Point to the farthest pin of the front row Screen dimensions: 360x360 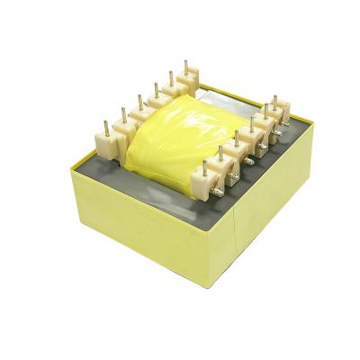pyautogui.click(x=275, y=101)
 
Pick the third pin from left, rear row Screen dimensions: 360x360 pyautogui.click(x=139, y=101)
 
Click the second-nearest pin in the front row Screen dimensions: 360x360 pyautogui.click(x=220, y=153)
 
